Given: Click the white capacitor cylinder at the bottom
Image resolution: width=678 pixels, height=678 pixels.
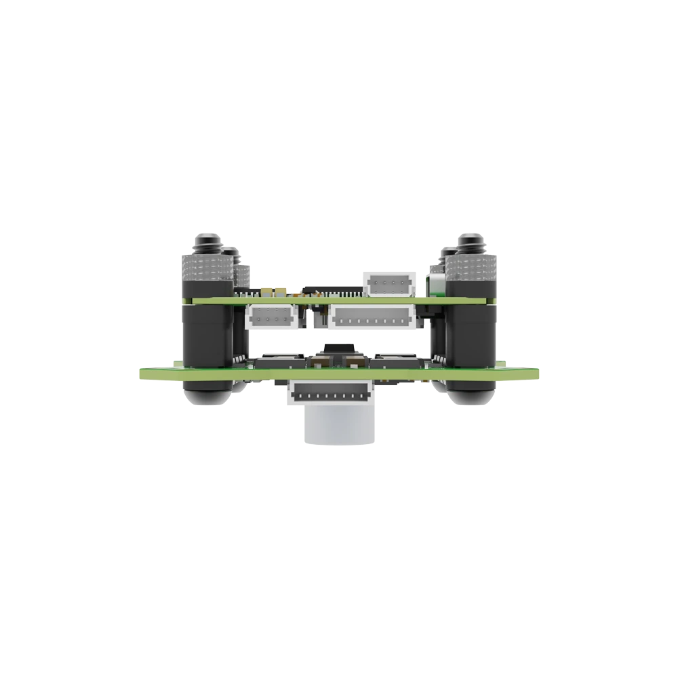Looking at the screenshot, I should coord(339,427).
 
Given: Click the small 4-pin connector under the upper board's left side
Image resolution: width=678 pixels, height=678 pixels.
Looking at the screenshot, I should coord(271,317).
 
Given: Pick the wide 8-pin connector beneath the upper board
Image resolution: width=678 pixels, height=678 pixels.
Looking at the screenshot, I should coord(372,317).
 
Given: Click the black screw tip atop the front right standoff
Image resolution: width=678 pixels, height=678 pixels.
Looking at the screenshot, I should coord(473,242).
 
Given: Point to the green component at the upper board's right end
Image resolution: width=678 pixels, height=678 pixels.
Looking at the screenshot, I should coord(434,283).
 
